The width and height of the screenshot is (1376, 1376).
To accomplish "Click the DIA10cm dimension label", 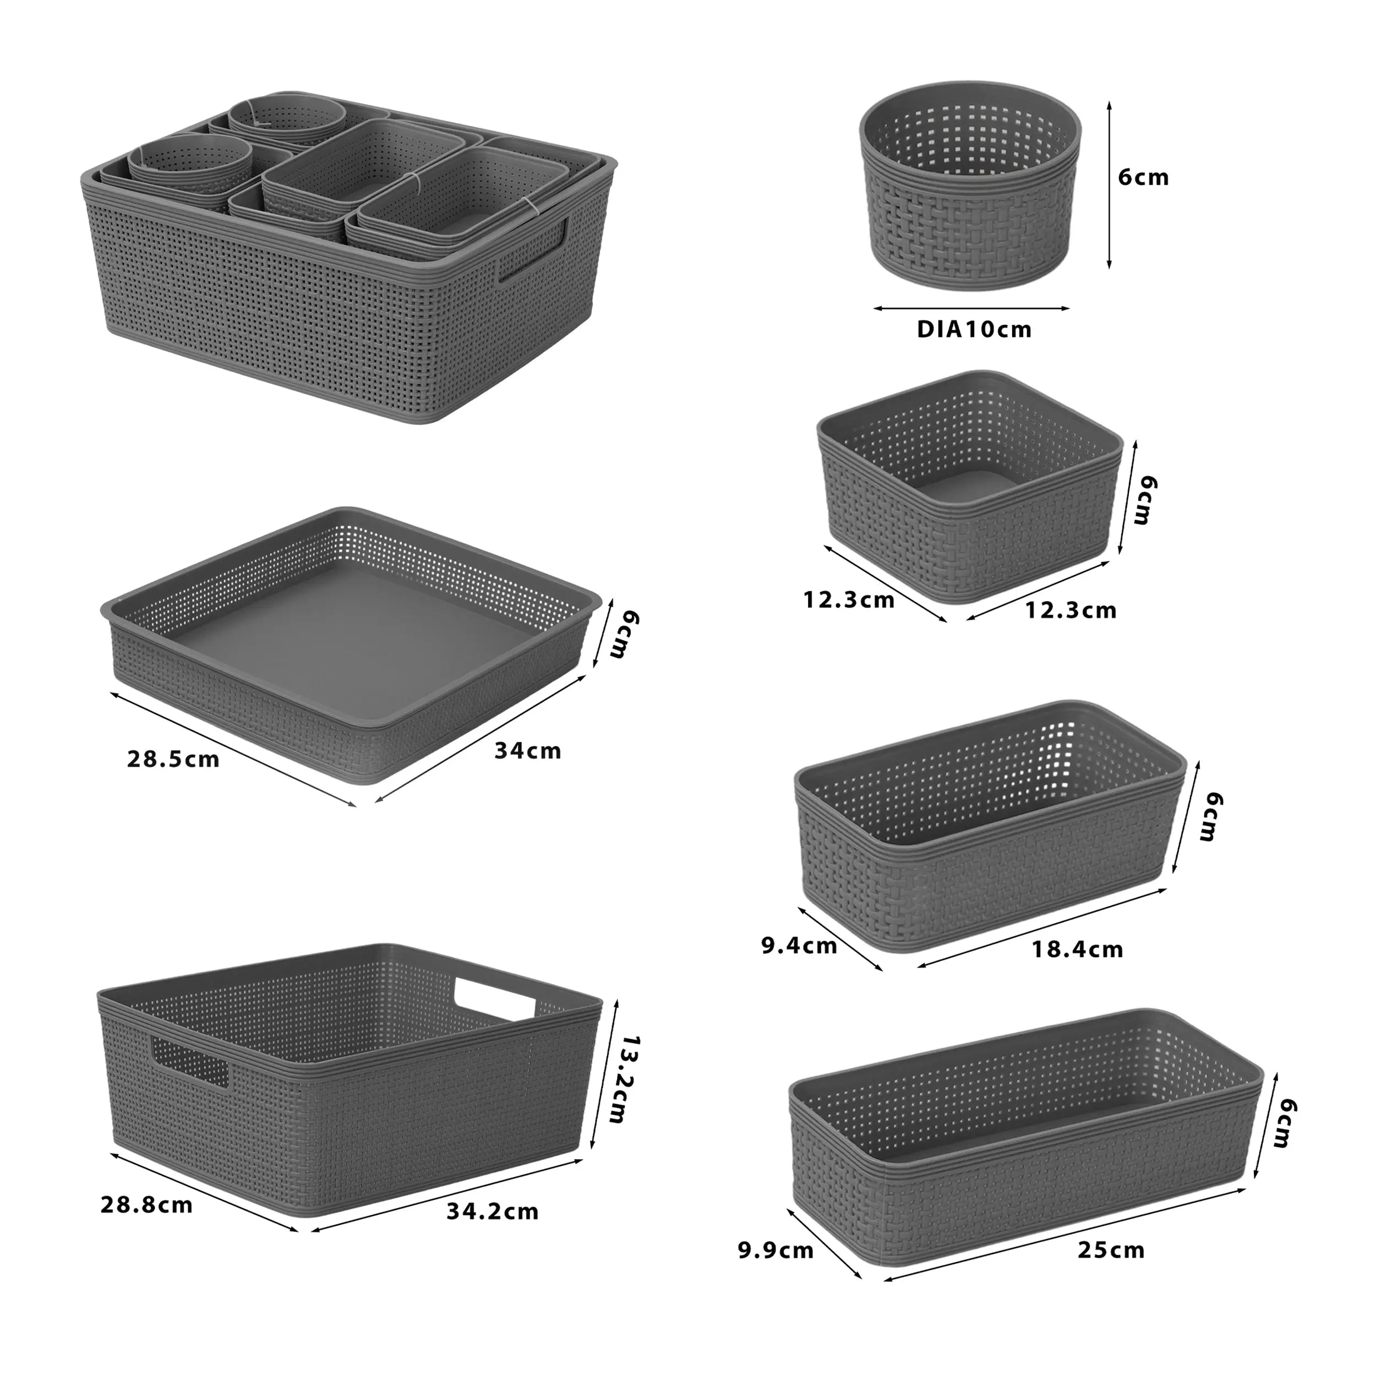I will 974,330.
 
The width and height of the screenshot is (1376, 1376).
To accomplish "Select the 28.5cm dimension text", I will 173,759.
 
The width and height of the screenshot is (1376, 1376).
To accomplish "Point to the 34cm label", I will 528,751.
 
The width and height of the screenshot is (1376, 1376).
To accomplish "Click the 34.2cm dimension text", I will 492,1211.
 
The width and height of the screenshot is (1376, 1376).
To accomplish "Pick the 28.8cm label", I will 147,1205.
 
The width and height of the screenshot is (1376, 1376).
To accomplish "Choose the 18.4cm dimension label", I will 1078,949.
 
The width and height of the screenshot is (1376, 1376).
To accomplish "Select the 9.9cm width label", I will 776,1251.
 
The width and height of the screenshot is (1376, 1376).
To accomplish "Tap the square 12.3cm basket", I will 969,492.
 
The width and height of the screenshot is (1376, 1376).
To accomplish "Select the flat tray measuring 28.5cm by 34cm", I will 349,641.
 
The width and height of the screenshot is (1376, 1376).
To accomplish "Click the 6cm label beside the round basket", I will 1143,177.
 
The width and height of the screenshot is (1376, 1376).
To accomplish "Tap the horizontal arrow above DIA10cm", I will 971,308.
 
